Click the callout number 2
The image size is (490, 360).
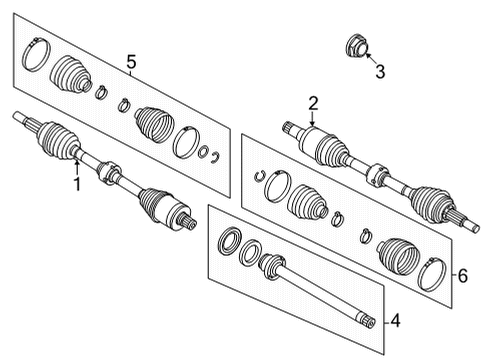pos(313,103)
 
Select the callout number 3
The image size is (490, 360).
pos(379,70)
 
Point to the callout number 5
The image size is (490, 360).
pos(131,64)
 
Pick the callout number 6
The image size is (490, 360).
pos(461,275)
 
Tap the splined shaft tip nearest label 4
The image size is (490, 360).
pos(368,320)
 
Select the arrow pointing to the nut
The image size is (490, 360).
pos(368,57)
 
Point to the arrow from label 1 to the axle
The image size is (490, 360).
pos(75,164)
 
